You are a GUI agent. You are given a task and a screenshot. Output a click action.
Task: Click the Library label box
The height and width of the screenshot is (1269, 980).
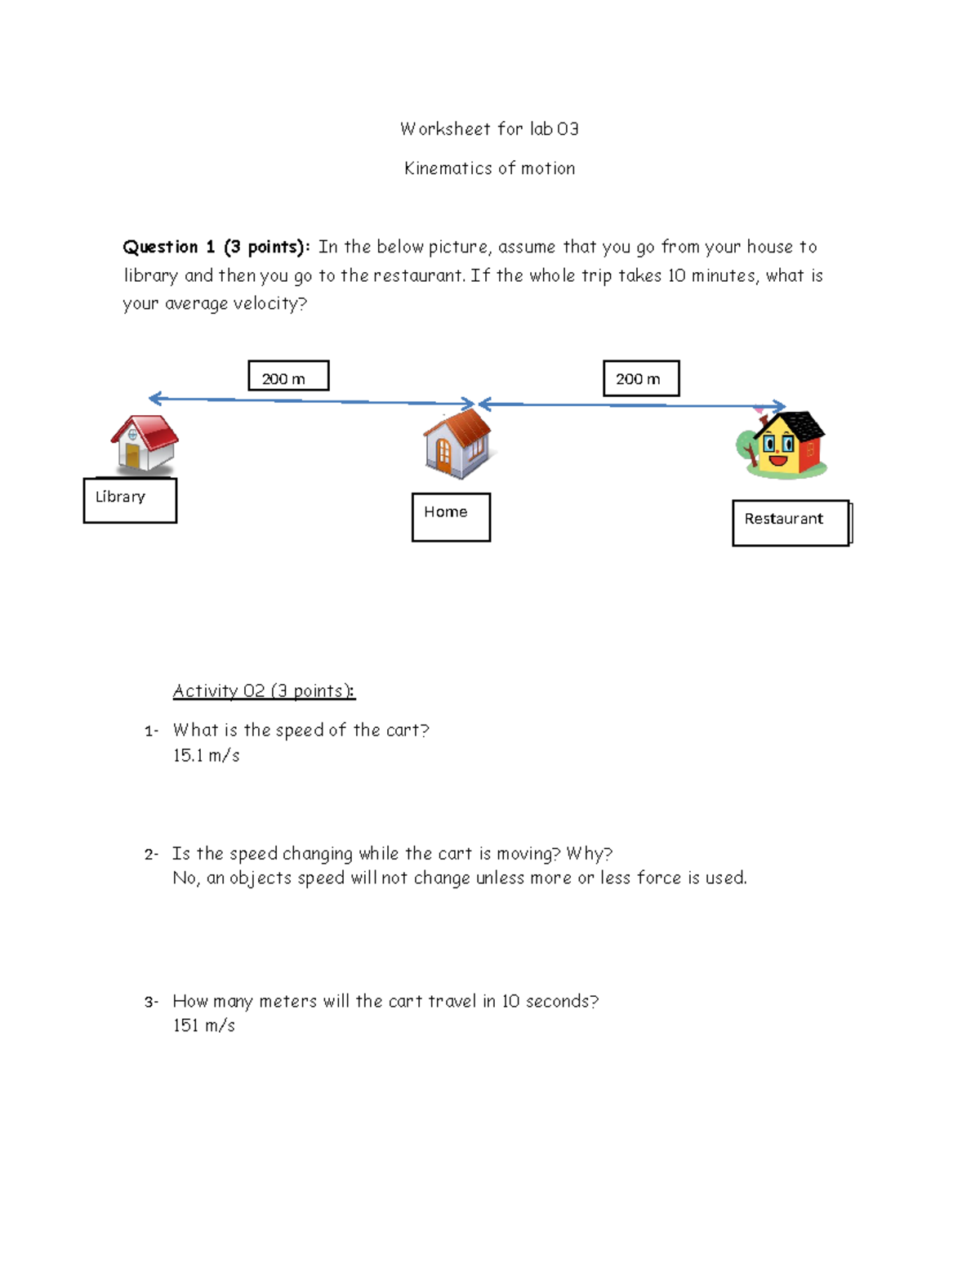coord(130,500)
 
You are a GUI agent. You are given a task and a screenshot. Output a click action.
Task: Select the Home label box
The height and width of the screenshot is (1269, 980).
coord(451,516)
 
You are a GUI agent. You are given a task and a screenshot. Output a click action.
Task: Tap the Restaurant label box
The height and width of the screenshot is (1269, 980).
coord(790,522)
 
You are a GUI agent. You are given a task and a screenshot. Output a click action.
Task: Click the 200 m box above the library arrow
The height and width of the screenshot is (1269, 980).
coord(288,376)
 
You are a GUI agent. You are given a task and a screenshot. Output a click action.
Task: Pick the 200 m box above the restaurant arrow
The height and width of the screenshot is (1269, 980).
coord(641,378)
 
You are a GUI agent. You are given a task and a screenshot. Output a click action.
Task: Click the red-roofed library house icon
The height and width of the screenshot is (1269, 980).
coord(145,444)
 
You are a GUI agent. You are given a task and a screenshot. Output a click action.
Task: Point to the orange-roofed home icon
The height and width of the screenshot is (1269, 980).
coord(457,443)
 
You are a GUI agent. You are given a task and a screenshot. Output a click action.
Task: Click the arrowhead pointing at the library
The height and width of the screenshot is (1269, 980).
coord(155,399)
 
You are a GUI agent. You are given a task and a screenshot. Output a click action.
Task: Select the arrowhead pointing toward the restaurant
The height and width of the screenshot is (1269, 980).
coord(779,406)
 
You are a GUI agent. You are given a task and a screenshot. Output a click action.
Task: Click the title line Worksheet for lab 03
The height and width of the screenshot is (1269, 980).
coord(489,129)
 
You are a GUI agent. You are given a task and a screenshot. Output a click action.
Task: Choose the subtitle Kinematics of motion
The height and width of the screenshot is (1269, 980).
coord(489,168)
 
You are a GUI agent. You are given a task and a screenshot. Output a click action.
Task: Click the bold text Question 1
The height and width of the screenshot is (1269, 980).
coord(168,247)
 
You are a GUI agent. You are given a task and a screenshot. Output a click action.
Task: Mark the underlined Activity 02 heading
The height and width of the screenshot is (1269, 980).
coord(264,691)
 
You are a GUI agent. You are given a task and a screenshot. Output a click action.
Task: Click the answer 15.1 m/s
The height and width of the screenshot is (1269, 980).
coord(206,756)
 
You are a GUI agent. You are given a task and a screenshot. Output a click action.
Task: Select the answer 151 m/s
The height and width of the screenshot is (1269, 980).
coord(203,1025)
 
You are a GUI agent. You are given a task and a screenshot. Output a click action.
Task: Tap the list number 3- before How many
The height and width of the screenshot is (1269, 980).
coord(151,1002)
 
